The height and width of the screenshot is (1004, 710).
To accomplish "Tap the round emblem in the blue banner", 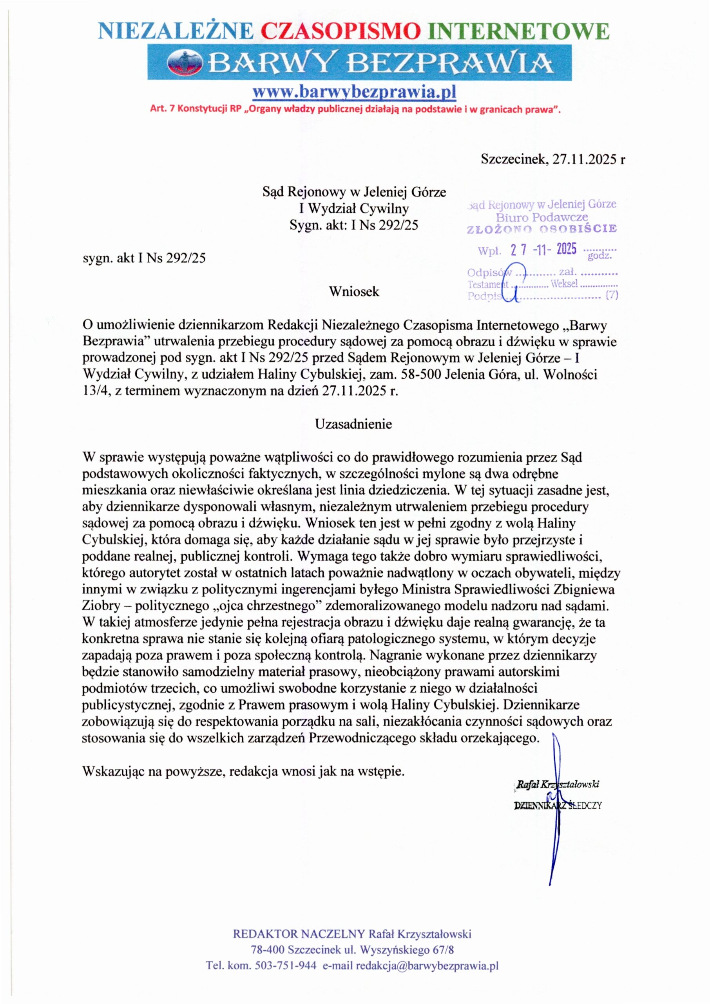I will pos(185,62).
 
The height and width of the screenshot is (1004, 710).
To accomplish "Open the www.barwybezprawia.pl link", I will pos(355,92).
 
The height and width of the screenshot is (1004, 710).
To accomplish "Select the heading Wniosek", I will pos(354,292).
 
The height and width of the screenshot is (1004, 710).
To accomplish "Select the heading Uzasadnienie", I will pos(354,424).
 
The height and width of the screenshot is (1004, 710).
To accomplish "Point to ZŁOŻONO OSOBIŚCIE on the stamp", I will pos(542,229).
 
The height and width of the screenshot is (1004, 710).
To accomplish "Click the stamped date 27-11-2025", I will pos(543,250).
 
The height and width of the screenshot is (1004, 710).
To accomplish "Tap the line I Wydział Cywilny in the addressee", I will pos(354,208).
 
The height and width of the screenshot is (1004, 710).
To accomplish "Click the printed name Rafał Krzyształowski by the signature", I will pos(558,784).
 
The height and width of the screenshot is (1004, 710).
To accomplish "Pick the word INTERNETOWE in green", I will pos(520,31).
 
